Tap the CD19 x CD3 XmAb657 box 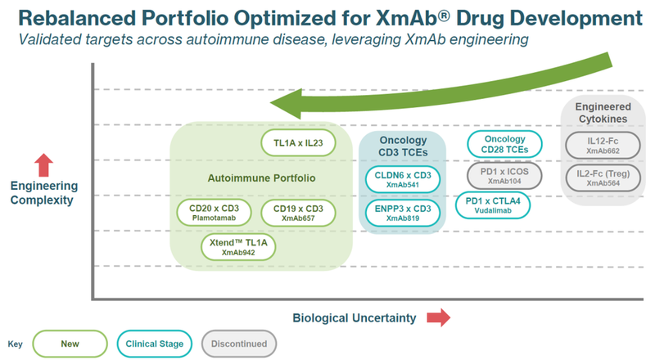[x=298, y=213]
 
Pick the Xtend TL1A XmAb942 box [x=240, y=248]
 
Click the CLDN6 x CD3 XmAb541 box [x=402, y=179]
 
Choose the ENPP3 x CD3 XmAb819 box [x=402, y=213]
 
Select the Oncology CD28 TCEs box [x=505, y=144]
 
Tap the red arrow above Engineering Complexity [x=44, y=163]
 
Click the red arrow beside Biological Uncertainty [x=440, y=317]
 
